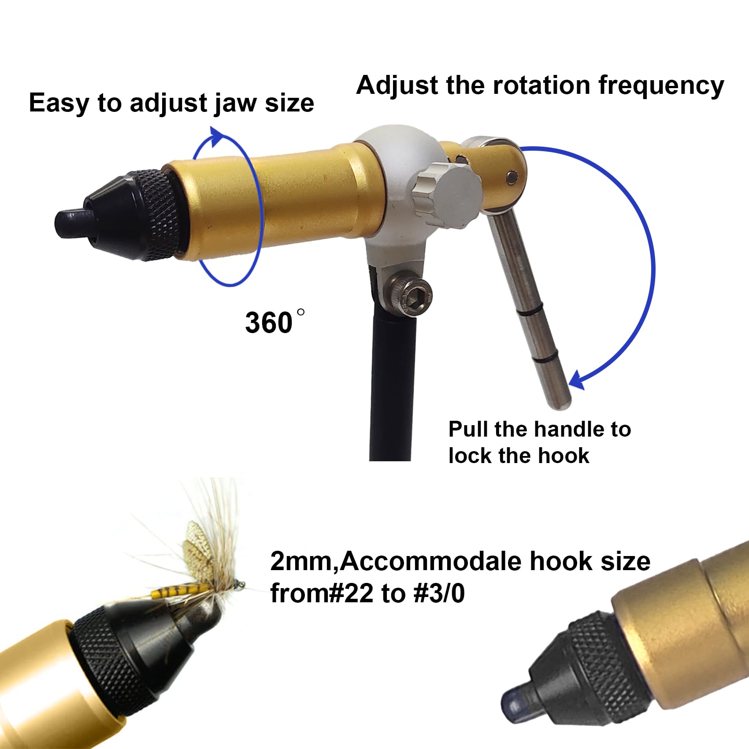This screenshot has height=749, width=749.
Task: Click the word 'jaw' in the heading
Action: click(236, 104)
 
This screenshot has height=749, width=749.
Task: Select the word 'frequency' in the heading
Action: click(661, 86)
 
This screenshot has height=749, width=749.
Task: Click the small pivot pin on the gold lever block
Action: click(511, 177)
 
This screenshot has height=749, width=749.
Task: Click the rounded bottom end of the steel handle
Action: click(559, 401)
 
